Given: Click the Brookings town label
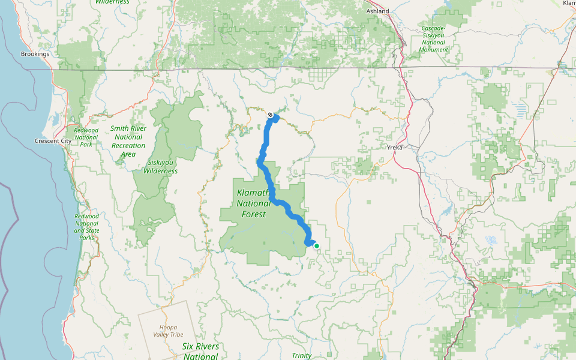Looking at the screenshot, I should [35, 54].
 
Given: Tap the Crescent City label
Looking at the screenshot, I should [53, 142].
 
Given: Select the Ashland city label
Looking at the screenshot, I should [378, 11].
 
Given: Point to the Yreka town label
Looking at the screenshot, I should [394, 147].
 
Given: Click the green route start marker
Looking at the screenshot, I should [317, 245].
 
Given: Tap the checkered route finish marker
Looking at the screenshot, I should [271, 115].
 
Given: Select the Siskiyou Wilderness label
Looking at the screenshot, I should [160, 167].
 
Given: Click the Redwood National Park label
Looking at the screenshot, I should [85, 137].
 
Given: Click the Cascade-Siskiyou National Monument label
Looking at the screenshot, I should [434, 39].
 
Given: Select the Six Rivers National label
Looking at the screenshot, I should [200, 351].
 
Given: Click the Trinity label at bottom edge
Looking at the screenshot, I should [301, 355].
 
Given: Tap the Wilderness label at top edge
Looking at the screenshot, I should [112, 2].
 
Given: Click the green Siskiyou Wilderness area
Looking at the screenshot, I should [180, 132].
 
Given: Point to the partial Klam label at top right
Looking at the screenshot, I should [569, 4].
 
